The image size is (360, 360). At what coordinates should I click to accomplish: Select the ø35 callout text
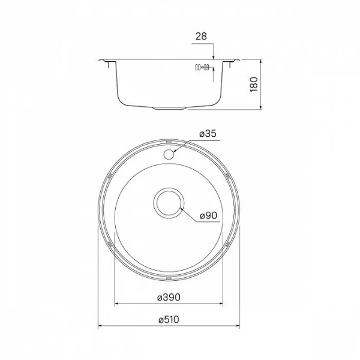[207, 134]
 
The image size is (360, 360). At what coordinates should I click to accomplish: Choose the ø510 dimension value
[170, 321]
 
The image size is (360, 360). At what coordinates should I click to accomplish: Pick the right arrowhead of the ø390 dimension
[223, 304]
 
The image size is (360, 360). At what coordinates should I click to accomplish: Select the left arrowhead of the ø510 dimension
[99, 328]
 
